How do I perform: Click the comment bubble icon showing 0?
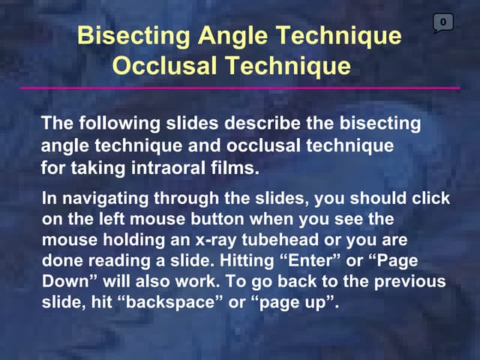tap(443, 23)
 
